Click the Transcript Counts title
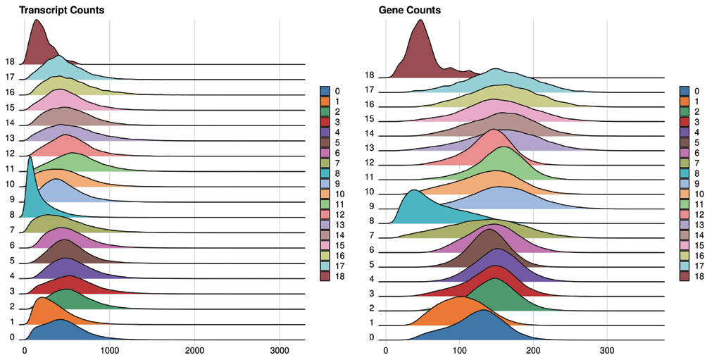(x=61, y=11)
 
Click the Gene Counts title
(x=409, y=11)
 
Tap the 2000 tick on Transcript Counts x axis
(x=194, y=349)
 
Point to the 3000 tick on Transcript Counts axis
(x=280, y=349)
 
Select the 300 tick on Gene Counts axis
(x=608, y=349)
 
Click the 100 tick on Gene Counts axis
(x=459, y=349)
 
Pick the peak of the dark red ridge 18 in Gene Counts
(x=420, y=20)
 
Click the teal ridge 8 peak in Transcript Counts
(x=30, y=158)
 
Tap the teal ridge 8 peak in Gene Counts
(x=414, y=191)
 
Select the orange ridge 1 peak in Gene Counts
(x=459, y=297)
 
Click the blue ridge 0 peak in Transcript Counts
(x=60, y=320)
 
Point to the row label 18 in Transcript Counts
(x=10, y=62)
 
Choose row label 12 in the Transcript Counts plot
(x=10, y=153)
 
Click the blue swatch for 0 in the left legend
(x=325, y=91)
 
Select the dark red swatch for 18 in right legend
(x=684, y=277)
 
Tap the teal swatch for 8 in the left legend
(x=325, y=173)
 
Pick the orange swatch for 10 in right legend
(x=684, y=194)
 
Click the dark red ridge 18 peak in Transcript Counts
(x=36, y=20)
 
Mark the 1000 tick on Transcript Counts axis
(x=109, y=349)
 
